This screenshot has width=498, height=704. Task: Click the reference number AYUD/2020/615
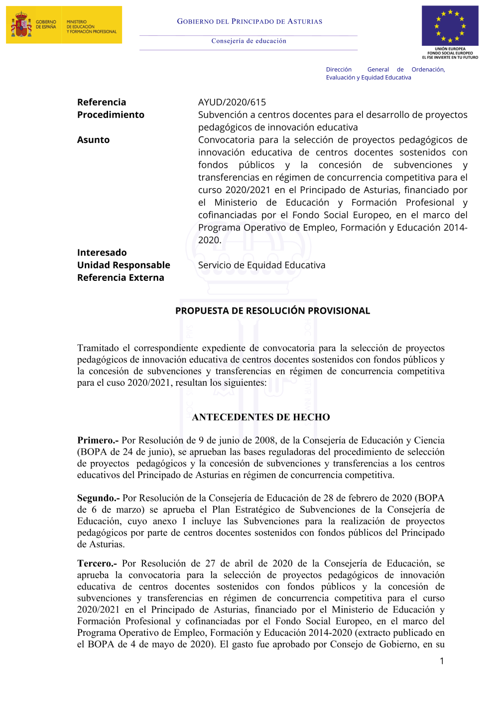point(232,102)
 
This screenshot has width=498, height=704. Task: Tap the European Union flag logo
point(450,26)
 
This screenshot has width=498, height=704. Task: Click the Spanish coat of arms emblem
point(20,25)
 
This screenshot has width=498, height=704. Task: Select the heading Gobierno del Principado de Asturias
point(249,21)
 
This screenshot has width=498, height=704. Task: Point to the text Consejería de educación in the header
point(249,41)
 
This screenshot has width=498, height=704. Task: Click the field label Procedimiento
point(111,115)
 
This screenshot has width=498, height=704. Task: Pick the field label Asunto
point(93,140)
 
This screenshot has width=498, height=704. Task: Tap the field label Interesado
point(102,252)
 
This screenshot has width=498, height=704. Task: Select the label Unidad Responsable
point(124,265)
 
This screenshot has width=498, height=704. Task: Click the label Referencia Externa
point(121,277)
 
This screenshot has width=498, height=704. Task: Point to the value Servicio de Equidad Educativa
point(261,265)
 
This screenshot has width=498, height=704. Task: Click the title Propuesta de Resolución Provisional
point(272,311)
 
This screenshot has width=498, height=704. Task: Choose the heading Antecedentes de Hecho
point(261,417)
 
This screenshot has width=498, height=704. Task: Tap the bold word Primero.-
point(98,440)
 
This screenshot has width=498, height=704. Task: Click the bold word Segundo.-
point(98,498)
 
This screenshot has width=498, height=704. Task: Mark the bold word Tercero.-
point(97,563)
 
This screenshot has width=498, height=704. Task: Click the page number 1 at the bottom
point(441,661)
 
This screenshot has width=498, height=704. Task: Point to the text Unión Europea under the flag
point(450,49)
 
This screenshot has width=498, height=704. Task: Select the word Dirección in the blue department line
point(339,70)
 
